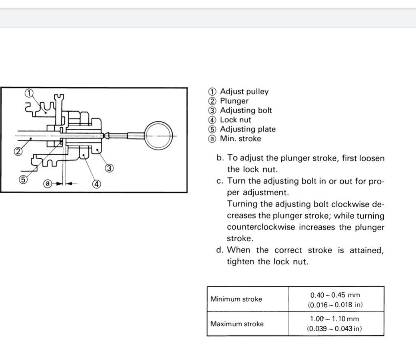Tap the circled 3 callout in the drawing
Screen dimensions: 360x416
[x=108, y=168]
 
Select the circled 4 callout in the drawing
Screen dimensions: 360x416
[x=96, y=184]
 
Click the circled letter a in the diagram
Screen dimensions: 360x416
[x=48, y=184]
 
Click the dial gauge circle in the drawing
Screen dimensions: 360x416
[x=159, y=136]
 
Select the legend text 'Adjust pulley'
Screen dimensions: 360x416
[x=244, y=92]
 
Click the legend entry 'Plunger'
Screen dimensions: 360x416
[x=234, y=101]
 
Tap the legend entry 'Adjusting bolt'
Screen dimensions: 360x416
[x=246, y=110]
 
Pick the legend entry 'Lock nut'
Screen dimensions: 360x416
[x=235, y=120]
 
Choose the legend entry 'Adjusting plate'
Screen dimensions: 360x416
[x=248, y=129]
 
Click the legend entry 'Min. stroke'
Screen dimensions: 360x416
[x=240, y=139]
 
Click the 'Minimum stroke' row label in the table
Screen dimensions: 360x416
[x=236, y=299]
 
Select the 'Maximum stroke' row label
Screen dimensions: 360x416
[x=237, y=324]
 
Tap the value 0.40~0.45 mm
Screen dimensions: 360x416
[x=335, y=295]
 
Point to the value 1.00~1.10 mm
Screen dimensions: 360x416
[x=335, y=319]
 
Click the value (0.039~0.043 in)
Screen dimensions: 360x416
[x=335, y=329]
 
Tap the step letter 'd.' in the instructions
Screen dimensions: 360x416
[x=219, y=250]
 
